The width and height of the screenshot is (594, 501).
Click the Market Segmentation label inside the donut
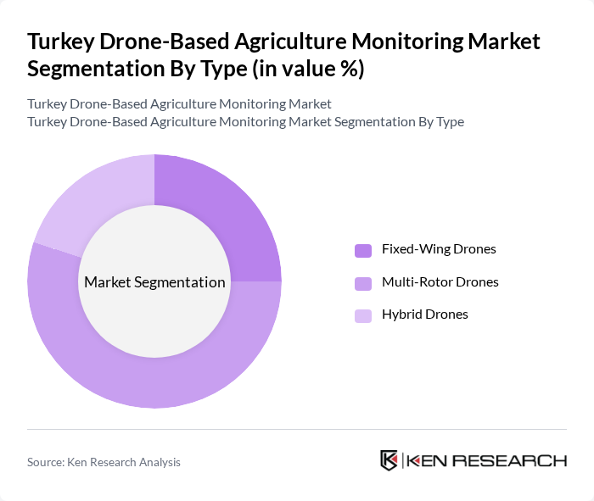pyautogui.click(x=154, y=282)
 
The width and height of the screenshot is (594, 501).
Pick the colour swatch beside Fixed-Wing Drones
pyautogui.click(x=363, y=250)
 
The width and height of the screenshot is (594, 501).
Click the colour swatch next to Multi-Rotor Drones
pyautogui.click(x=363, y=282)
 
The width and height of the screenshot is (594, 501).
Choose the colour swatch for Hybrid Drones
pyautogui.click(x=363, y=315)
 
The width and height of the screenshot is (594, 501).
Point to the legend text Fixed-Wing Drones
pyautogui.click(x=439, y=249)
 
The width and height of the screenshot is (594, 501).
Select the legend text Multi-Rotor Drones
pyautogui.click(x=440, y=281)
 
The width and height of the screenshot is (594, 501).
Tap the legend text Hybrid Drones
pyautogui.click(x=424, y=315)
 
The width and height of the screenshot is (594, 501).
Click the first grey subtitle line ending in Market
pyautogui.click(x=179, y=104)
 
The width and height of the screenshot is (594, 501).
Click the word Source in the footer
pyautogui.click(x=48, y=462)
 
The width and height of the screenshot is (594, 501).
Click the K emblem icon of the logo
pyautogui.click(x=389, y=460)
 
